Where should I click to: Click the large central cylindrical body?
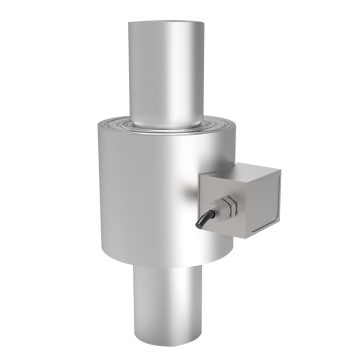140,190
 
